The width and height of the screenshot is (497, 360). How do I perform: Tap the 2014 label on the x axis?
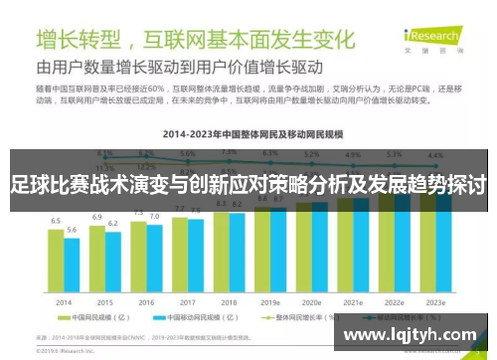(x=64, y=301)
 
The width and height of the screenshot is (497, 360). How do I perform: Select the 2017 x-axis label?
(x=187, y=301)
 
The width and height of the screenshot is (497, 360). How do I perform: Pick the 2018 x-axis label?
(x=228, y=301)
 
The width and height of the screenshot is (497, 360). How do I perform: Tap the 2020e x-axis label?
(x=311, y=301)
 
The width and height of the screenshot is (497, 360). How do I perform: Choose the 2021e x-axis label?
(x=352, y=301)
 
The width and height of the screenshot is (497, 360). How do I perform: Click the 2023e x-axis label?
(x=434, y=301)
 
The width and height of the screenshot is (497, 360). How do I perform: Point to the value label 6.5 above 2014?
(x=57, y=221)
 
